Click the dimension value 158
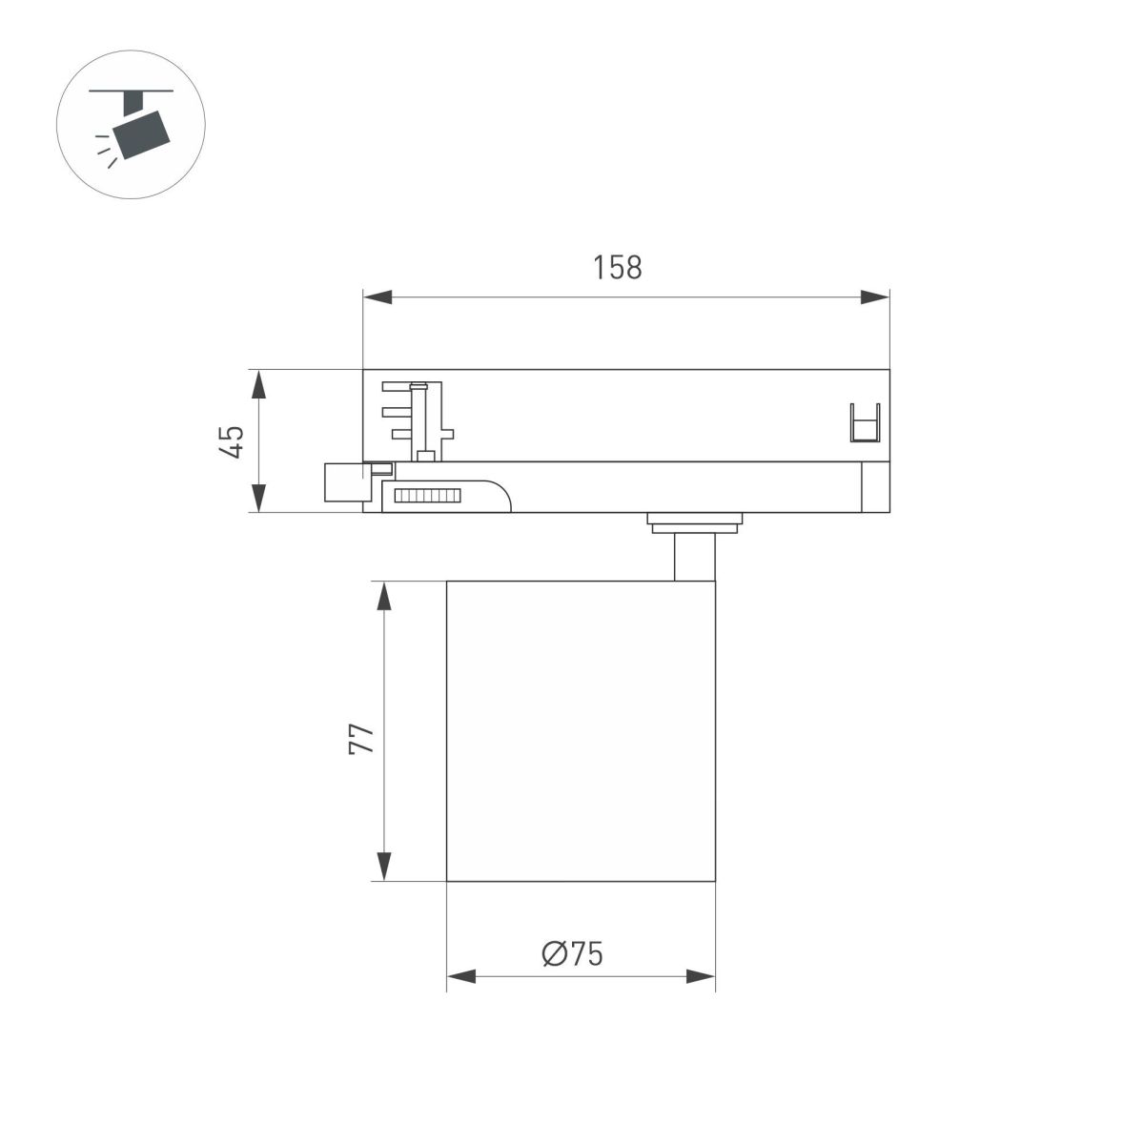coord(618,269)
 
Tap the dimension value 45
coord(232,441)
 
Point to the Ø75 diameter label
coord(572,952)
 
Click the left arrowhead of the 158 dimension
coord(378,297)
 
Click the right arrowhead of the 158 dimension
coord(874,297)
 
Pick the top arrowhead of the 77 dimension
coord(383,596)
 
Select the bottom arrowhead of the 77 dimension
coord(383,866)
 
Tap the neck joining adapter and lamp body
coord(693,557)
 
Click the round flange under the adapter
coord(694,521)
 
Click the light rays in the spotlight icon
coord(105,150)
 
